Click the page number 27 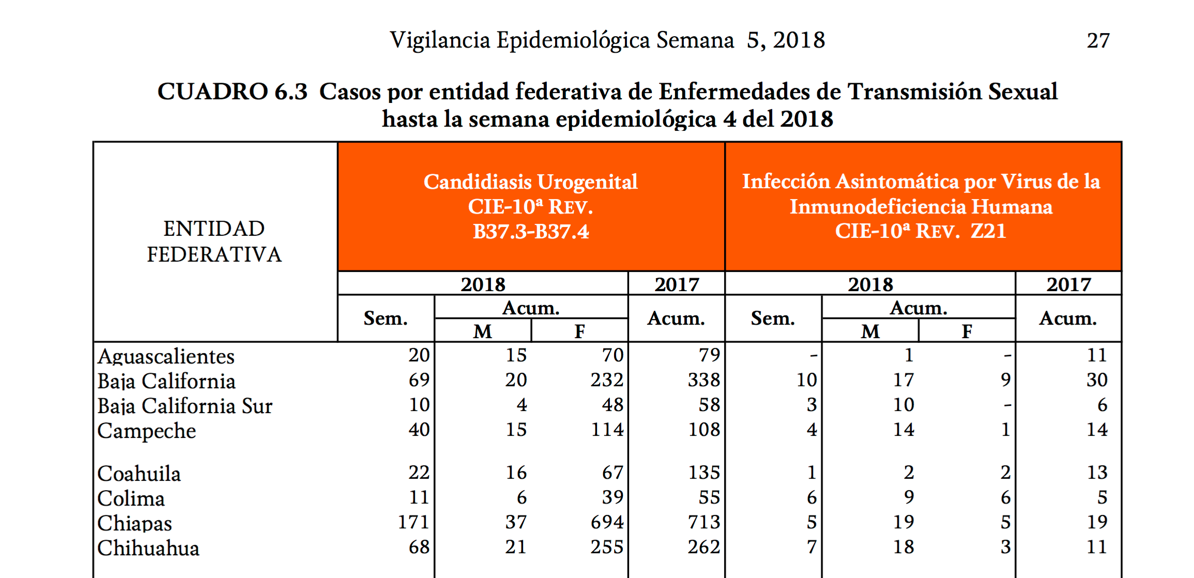coord(1098,41)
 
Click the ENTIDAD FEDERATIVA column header coord(214,241)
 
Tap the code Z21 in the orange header coord(988,231)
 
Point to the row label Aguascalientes coord(166,356)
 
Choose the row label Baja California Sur coord(185,406)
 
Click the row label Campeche coord(147,431)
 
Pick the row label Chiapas coord(134,523)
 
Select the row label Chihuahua coord(148,548)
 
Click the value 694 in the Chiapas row coord(607,522)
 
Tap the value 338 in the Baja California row coord(703,380)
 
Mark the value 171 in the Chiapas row coord(414,522)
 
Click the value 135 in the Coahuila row coord(703,473)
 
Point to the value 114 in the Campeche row coord(607,430)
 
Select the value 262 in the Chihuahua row coord(703,547)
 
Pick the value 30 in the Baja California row coord(1097,380)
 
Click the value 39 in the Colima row coord(613,497)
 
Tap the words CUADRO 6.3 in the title coord(232,92)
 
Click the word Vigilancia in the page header coord(440,41)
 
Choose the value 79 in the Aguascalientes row coord(709,355)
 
